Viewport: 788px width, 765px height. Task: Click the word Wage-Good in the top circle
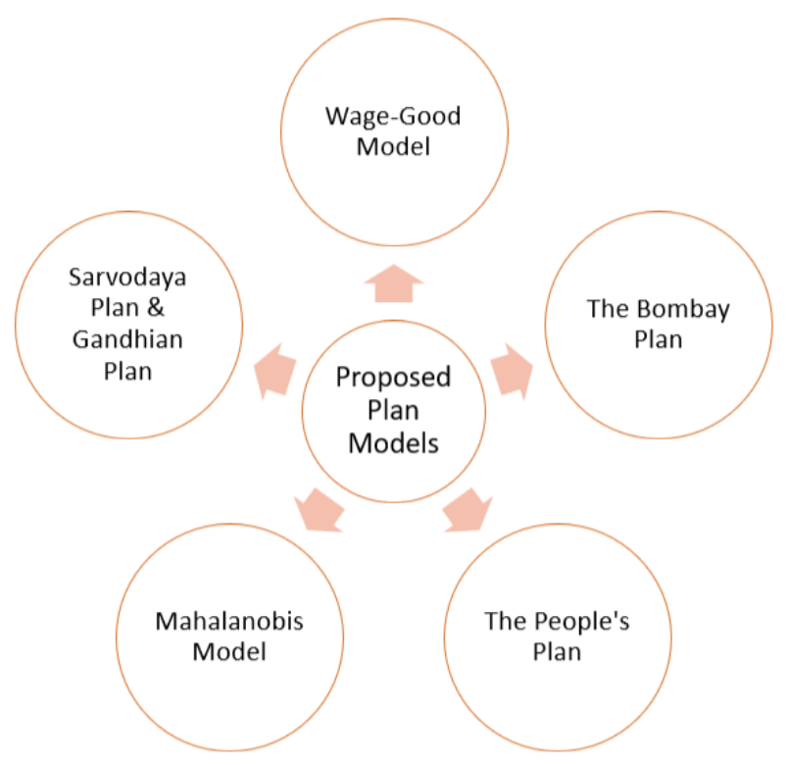(393, 117)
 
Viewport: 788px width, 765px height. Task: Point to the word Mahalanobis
(229, 621)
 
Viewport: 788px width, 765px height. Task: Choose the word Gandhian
(127, 340)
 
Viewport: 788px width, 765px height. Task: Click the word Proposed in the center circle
(393, 378)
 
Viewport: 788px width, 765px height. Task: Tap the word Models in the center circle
(393, 443)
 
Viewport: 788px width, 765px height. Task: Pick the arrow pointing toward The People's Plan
(468, 509)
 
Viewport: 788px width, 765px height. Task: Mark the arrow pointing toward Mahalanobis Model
(320, 507)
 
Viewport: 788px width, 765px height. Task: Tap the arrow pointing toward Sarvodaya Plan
(275, 368)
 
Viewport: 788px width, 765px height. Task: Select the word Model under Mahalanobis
(229, 651)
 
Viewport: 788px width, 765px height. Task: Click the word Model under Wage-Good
(393, 148)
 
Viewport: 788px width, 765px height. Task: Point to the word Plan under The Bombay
(658, 340)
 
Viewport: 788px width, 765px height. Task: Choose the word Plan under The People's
(557, 651)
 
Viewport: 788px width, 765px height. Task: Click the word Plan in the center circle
(393, 410)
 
